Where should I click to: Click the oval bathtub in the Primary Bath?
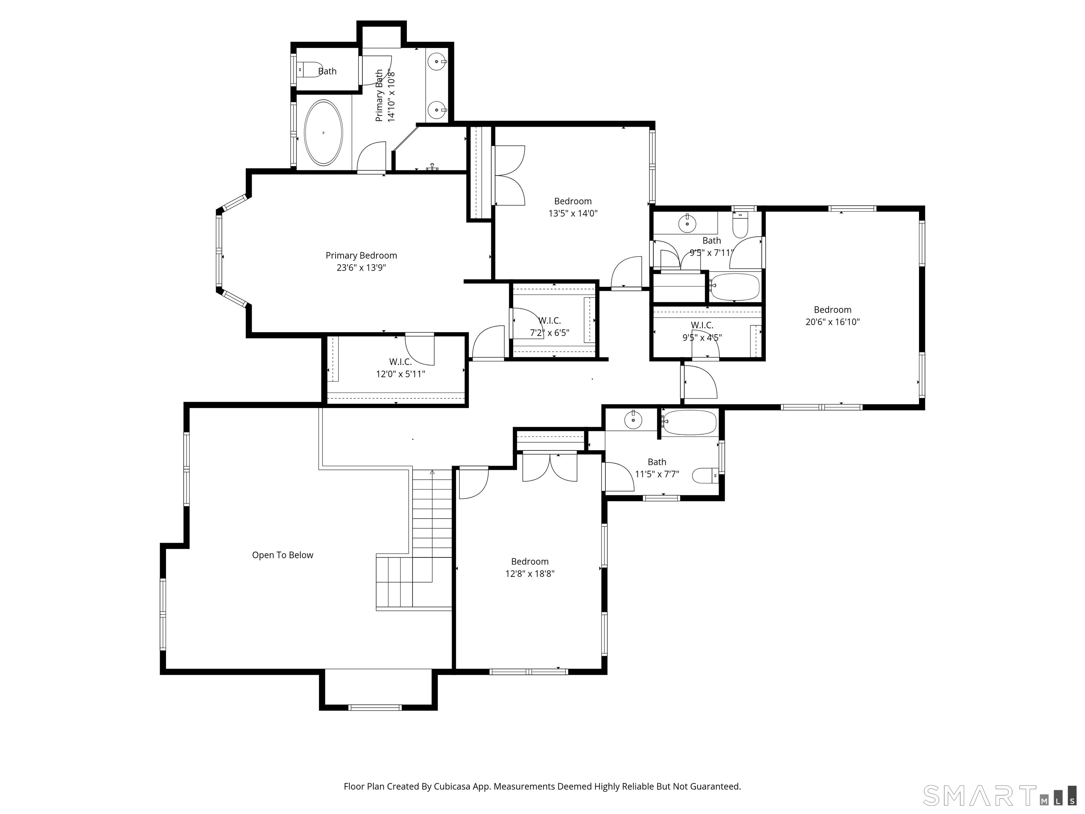323,132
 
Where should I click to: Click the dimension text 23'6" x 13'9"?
361,268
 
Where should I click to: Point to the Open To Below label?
283,555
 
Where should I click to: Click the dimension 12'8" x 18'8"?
530,573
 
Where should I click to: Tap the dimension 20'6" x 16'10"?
832,322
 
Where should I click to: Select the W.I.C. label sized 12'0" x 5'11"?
400,362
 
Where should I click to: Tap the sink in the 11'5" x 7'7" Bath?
633,420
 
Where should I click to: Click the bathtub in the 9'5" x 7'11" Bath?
734,287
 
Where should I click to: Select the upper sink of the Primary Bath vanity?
437,62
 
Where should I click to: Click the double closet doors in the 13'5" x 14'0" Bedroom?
510,175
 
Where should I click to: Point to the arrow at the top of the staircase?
432,472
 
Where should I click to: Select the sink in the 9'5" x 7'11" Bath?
687,224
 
